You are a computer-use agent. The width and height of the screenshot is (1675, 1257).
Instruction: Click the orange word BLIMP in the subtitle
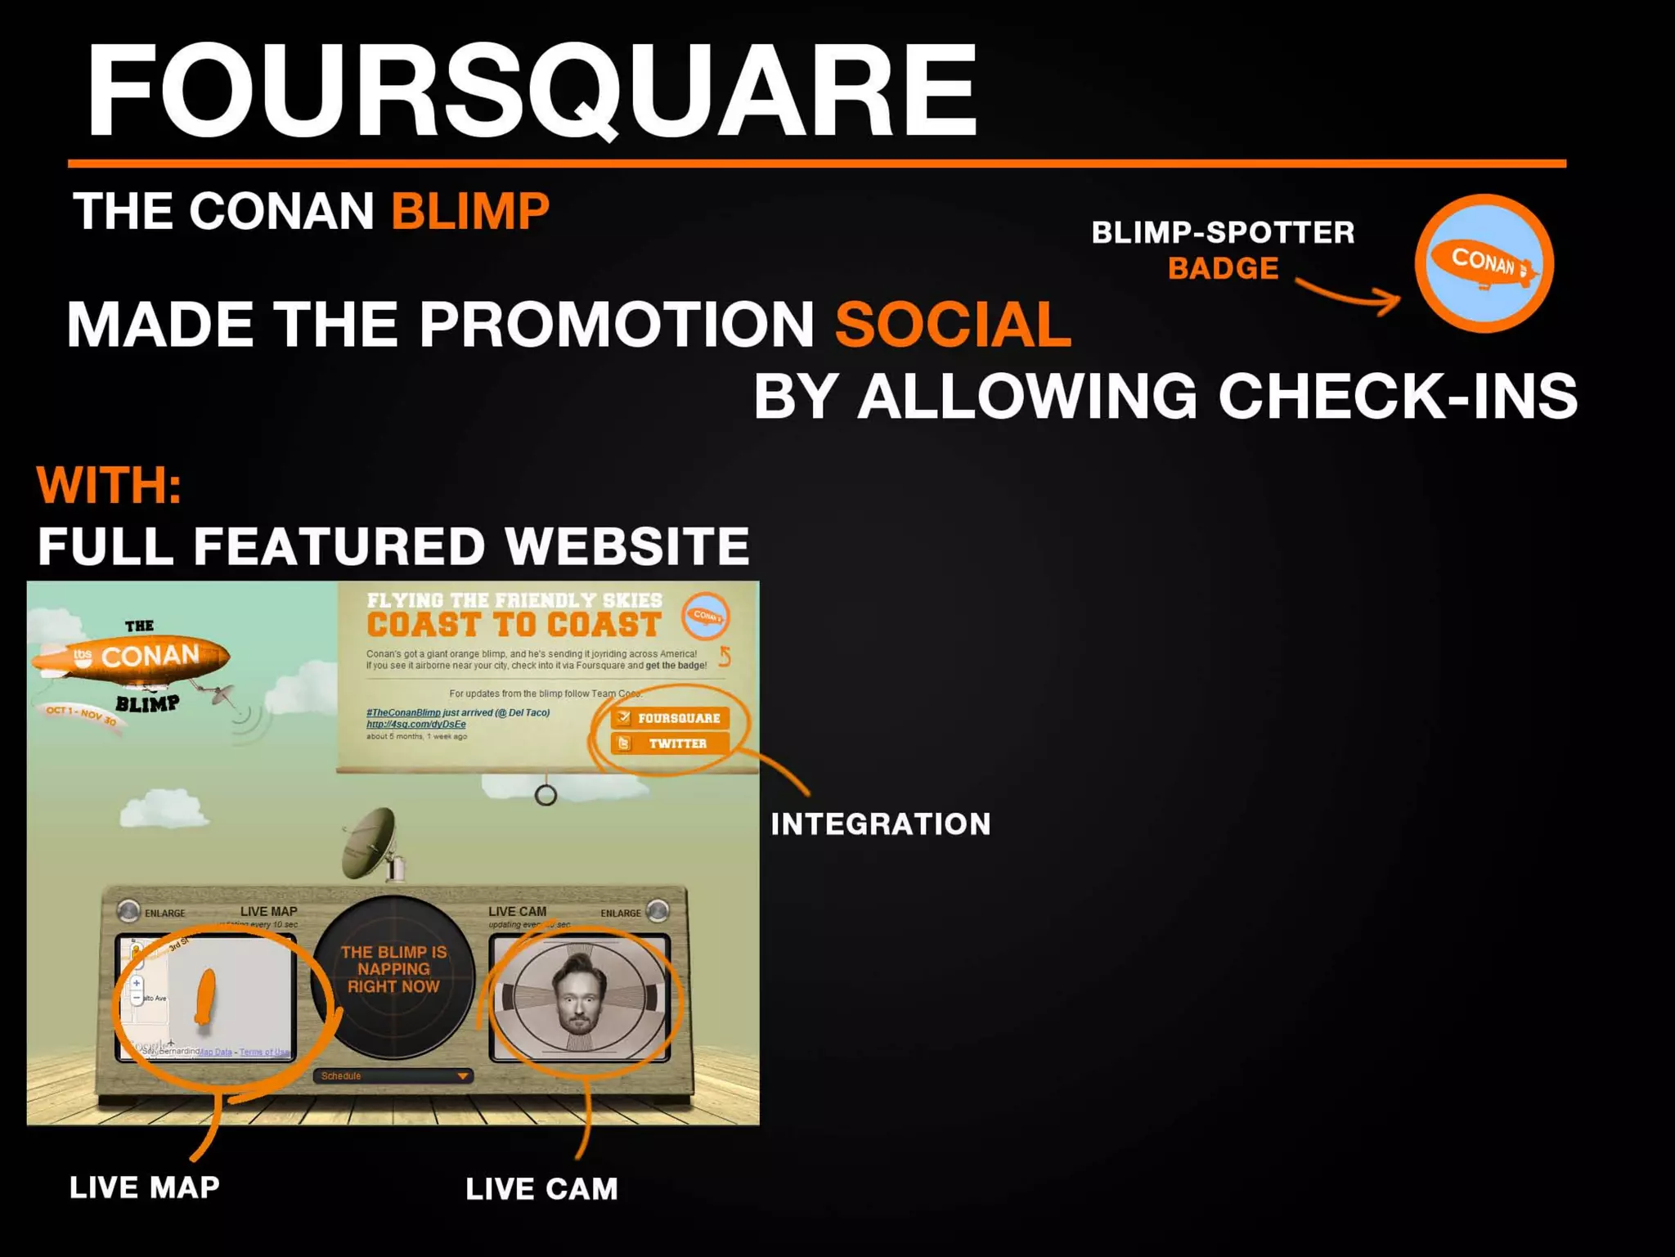tap(469, 211)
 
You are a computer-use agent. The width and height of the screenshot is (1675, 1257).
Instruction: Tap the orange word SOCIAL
tap(953, 325)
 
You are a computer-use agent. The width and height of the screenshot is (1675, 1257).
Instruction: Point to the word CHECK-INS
tap(1397, 396)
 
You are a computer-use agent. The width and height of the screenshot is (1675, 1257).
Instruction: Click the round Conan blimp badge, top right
tap(1484, 263)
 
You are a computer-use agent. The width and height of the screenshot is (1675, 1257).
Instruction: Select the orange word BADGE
tap(1223, 268)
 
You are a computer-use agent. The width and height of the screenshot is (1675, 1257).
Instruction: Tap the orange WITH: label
tap(108, 485)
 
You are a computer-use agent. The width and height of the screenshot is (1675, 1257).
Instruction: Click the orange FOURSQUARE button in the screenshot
tap(670, 718)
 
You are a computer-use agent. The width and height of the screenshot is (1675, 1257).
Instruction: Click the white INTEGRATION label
tap(880, 824)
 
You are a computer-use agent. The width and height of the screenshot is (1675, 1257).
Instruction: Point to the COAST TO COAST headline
tap(514, 625)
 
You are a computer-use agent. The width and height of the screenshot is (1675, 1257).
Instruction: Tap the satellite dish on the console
tap(372, 842)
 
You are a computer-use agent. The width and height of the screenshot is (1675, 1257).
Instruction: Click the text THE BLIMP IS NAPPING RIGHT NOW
tap(393, 969)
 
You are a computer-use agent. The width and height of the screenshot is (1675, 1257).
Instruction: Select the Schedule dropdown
tap(393, 1075)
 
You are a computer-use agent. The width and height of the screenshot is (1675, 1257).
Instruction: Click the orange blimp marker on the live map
tap(204, 995)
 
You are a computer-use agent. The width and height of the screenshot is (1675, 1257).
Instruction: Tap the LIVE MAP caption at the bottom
tap(144, 1187)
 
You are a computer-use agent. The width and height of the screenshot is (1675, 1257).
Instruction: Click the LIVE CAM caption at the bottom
tap(541, 1189)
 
